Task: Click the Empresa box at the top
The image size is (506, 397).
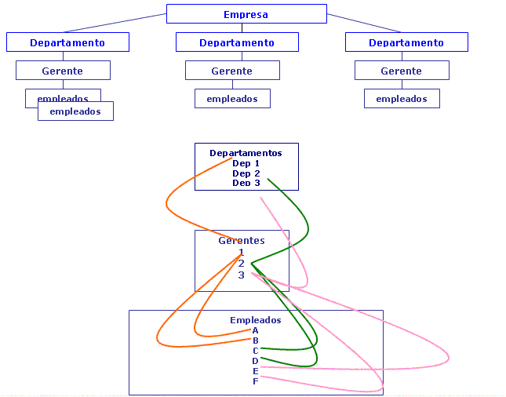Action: [246, 14]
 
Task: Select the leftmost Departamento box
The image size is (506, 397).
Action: [67, 42]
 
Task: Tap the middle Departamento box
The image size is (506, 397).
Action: [237, 42]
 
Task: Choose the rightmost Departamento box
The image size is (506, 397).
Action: [406, 42]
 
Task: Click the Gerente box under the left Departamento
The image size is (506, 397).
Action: [63, 71]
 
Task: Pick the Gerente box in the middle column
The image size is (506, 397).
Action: [232, 71]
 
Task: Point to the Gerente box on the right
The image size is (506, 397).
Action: [402, 71]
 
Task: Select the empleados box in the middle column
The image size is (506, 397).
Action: [232, 99]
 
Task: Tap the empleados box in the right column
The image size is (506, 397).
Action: [402, 99]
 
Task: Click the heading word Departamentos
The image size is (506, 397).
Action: [246, 153]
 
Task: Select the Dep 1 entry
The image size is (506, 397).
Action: [246, 163]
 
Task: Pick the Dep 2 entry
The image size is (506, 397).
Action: [246, 173]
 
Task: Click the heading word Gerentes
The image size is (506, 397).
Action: [242, 241]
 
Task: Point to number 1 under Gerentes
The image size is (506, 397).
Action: [242, 253]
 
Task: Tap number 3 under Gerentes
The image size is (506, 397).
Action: [242, 275]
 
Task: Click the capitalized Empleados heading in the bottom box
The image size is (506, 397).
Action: [255, 320]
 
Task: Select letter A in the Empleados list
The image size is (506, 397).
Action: [256, 330]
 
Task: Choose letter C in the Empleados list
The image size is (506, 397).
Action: [256, 351]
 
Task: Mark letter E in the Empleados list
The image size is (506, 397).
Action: [256, 371]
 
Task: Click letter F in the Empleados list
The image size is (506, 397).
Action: [256, 381]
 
